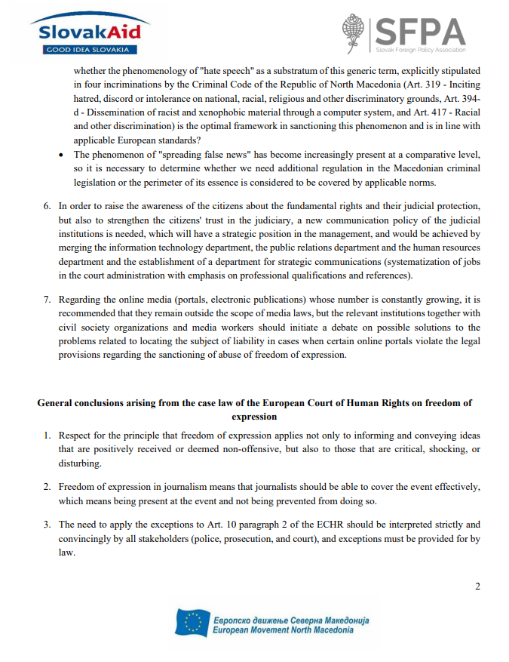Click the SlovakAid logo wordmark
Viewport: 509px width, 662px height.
[85, 32]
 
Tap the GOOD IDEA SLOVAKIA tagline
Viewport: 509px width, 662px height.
[84, 50]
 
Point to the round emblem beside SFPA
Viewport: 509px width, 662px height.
[354, 33]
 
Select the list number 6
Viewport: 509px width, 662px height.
[46, 205]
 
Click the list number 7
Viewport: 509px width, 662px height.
[46, 299]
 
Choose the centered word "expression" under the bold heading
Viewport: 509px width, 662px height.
[255, 416]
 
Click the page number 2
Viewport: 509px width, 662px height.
[477, 587]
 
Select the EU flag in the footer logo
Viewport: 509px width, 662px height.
[192, 622]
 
